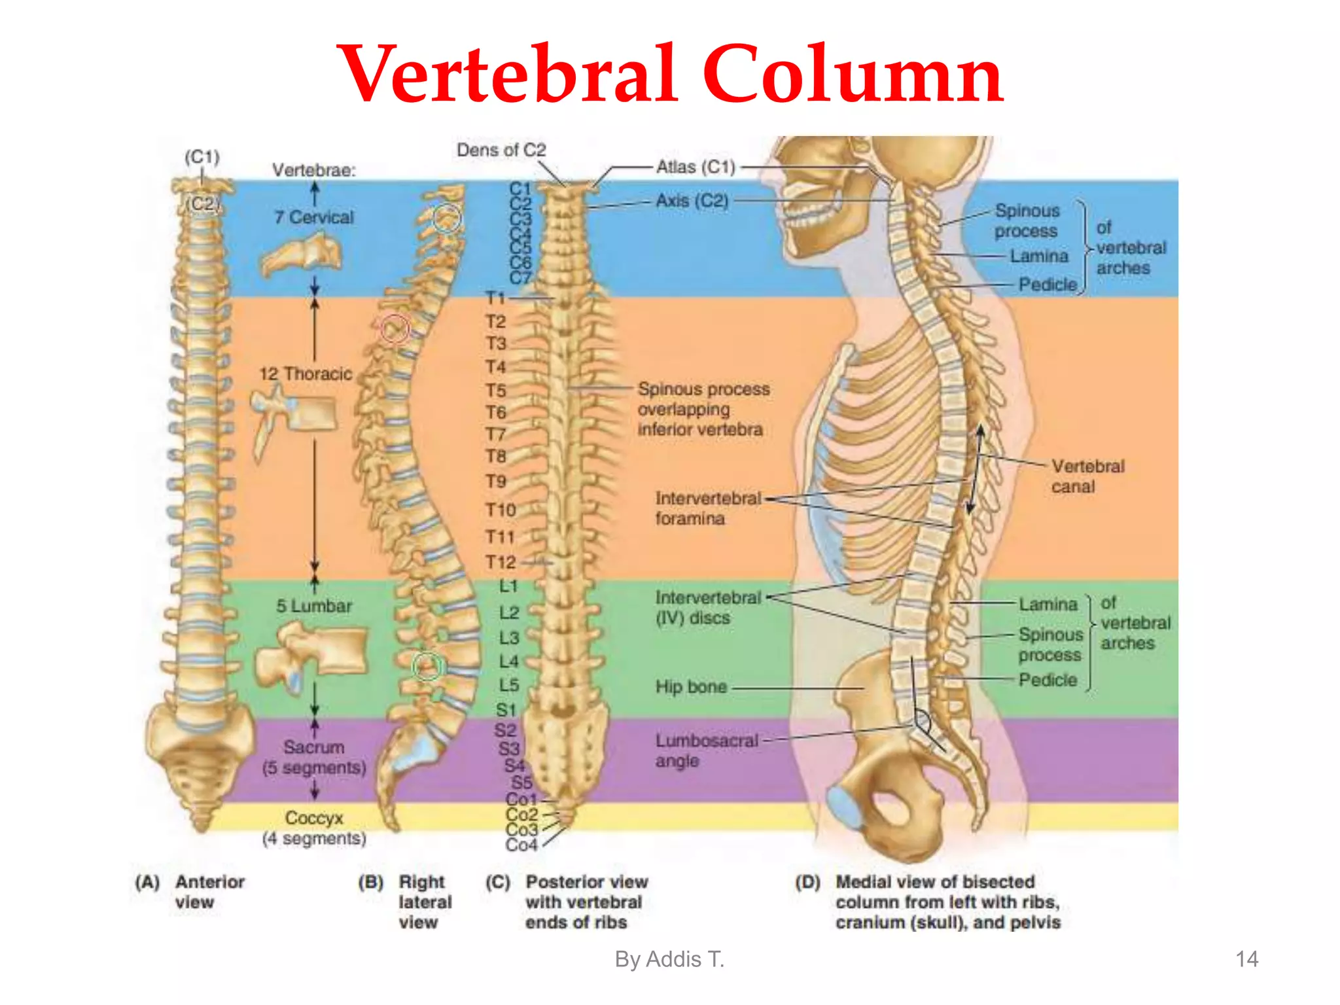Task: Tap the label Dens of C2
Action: click(501, 150)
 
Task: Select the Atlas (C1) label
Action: click(696, 167)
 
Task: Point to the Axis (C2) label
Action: click(692, 200)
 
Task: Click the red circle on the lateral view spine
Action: click(395, 328)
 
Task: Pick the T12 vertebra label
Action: click(501, 562)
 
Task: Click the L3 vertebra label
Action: click(509, 637)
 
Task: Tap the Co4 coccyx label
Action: click(521, 845)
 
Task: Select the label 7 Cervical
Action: click(315, 217)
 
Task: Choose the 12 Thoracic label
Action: click(306, 374)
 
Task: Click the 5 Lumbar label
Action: click(314, 606)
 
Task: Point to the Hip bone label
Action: click(691, 686)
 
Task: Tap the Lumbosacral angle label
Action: click(707, 750)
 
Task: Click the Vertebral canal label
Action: click(1087, 476)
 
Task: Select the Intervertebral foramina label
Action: click(708, 508)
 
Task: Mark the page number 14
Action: click(1246, 959)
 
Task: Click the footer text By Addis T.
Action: click(669, 959)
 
